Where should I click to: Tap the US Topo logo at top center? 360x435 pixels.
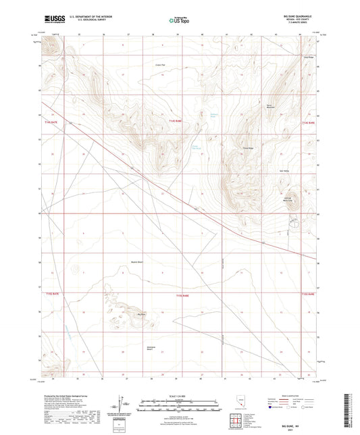click(178, 20)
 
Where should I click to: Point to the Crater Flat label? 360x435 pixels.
click(160, 66)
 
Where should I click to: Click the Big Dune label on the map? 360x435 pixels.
click(141, 315)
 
